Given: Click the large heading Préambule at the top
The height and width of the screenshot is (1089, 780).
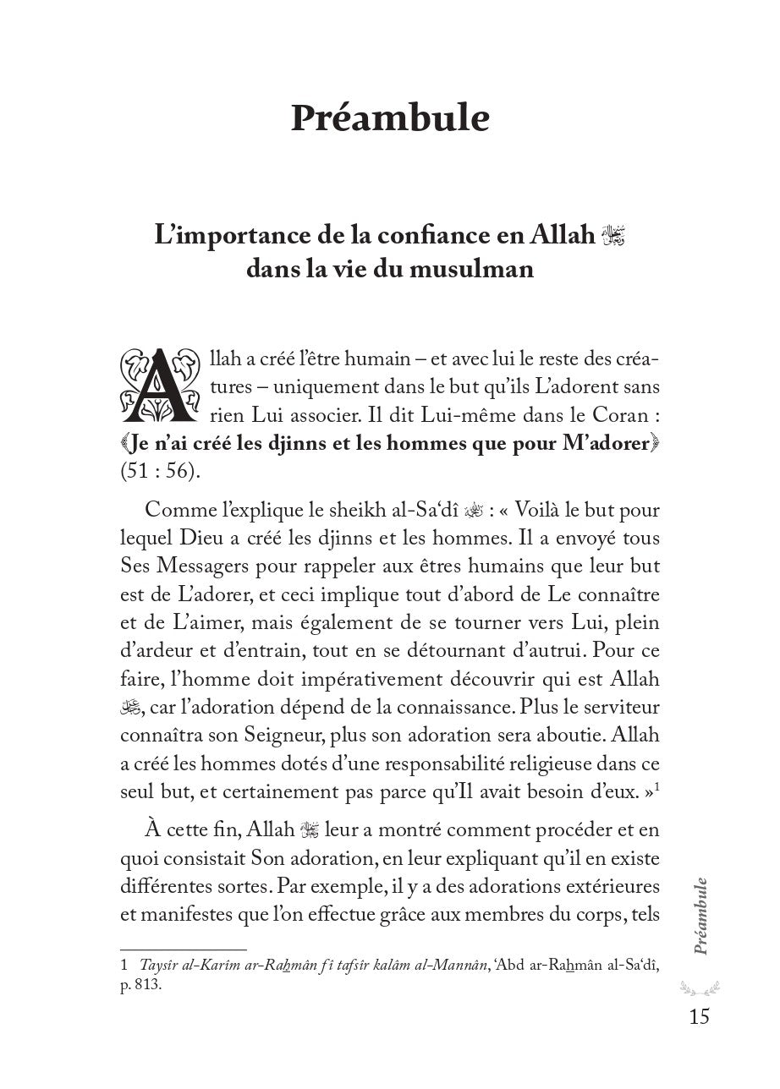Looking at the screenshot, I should click(390, 119).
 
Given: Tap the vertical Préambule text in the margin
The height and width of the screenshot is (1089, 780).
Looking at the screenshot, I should click(700, 917).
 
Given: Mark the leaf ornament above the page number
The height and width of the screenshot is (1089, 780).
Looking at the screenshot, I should click(699, 986).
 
